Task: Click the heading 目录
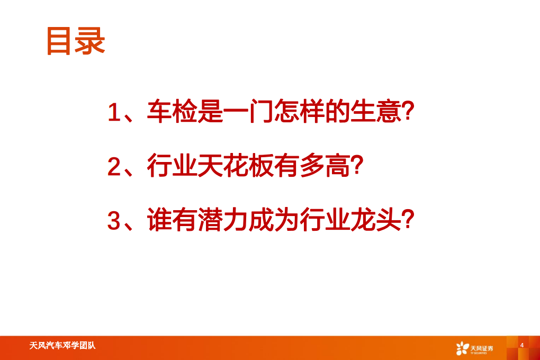tap(76, 41)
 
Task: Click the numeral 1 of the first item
tap(114, 113)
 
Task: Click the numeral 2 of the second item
tap(114, 167)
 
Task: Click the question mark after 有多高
tap(356, 167)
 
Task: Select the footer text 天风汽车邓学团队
tap(62, 346)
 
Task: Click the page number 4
tap(522, 345)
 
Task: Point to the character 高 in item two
tap(337, 167)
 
